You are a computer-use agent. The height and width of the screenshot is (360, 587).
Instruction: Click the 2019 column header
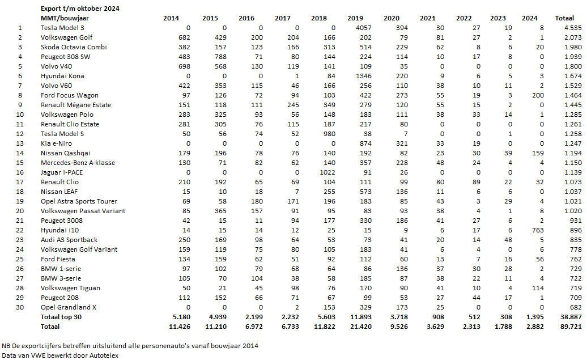point(355,18)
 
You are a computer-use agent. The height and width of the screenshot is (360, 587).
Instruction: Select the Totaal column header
point(564,18)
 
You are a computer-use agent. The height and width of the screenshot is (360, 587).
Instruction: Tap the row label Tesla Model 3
point(62,28)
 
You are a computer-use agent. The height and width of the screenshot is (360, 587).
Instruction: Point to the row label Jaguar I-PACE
point(62,172)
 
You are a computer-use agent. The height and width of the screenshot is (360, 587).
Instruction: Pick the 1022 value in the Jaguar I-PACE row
point(327,172)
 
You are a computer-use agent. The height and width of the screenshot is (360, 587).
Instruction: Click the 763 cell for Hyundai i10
point(538,230)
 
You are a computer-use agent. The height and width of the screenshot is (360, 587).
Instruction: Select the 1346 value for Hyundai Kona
point(364,76)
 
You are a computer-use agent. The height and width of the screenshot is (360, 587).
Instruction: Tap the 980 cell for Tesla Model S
point(329,134)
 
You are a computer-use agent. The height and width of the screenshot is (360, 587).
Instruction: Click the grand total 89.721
point(571,327)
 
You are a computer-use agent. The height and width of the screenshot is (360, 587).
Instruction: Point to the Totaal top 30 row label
point(61,317)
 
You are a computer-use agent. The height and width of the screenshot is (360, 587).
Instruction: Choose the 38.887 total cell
point(571,317)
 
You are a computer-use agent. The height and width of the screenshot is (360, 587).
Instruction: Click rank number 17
point(20,182)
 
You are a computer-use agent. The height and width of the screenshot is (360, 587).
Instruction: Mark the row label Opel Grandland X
point(69,307)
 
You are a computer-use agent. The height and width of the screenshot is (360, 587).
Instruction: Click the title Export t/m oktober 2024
point(80,9)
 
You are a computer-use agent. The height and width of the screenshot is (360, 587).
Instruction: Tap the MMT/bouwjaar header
point(65,18)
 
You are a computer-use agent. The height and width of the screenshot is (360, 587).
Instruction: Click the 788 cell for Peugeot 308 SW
point(220,57)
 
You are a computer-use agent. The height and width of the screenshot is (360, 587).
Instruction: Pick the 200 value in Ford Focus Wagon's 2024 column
point(538,95)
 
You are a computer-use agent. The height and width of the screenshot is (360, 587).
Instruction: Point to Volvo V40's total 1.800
point(573,66)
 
